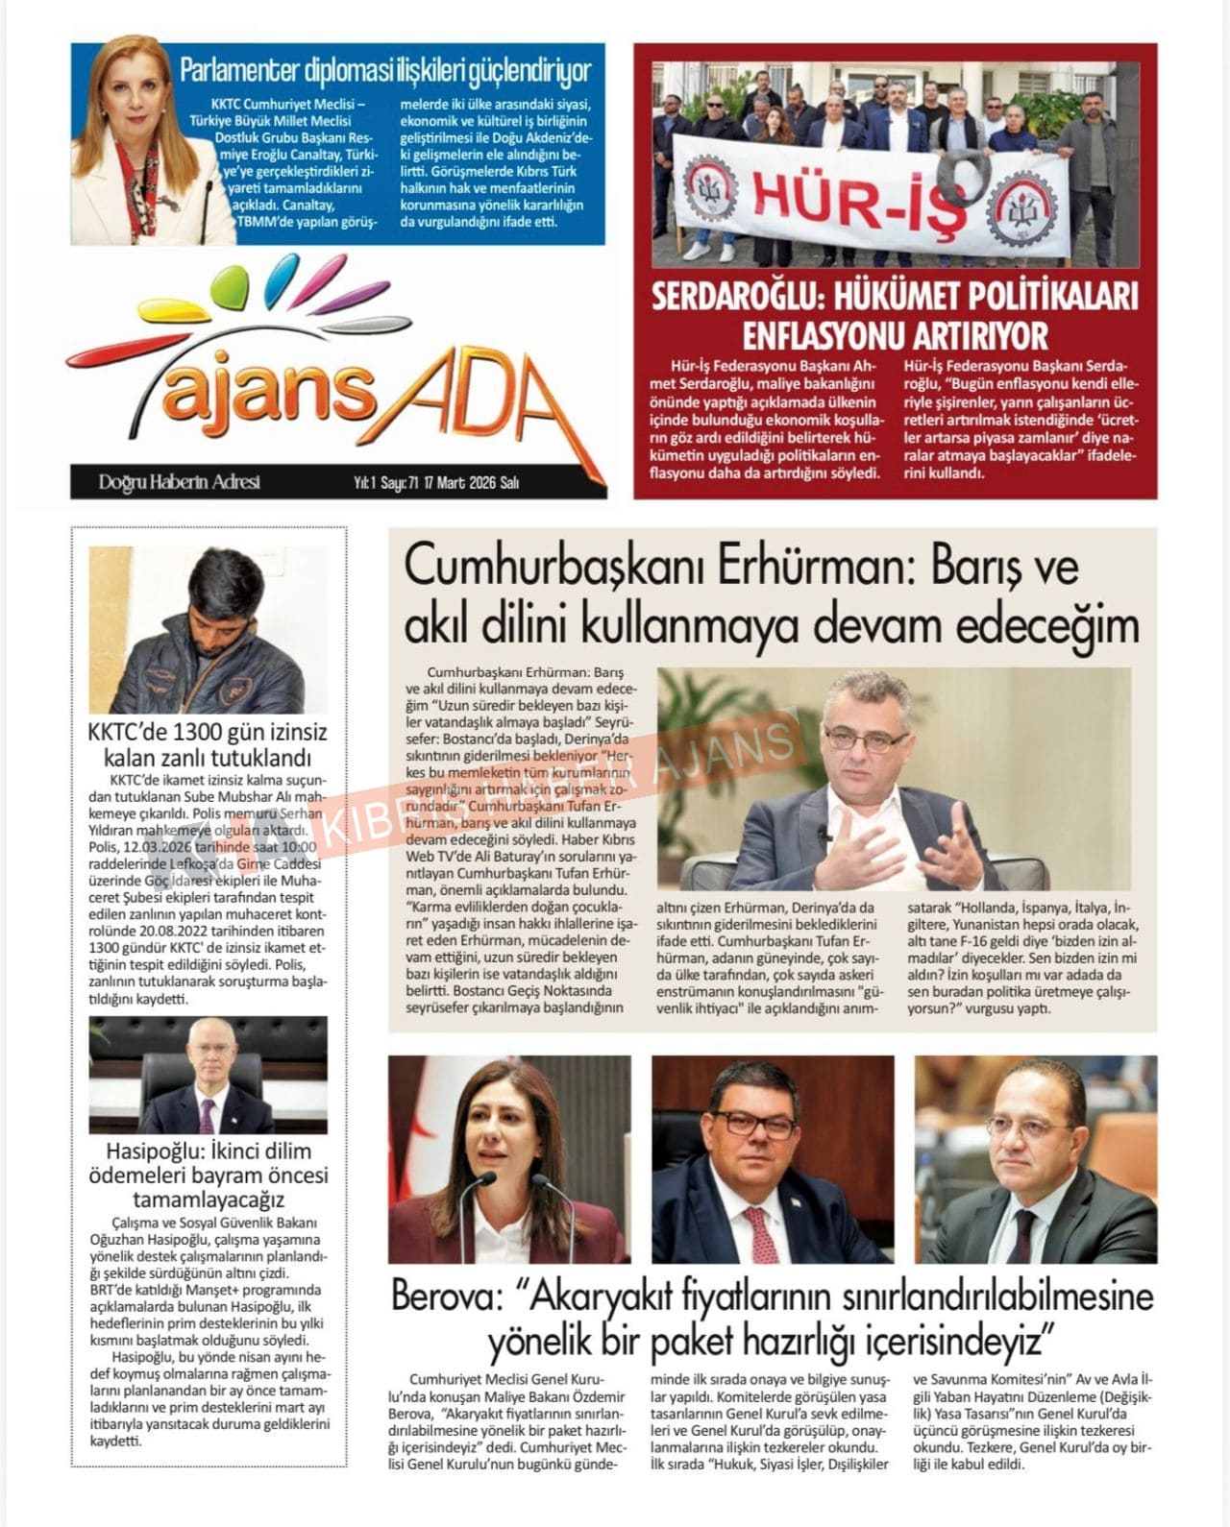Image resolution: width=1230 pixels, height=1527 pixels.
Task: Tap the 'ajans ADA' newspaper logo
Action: [317, 379]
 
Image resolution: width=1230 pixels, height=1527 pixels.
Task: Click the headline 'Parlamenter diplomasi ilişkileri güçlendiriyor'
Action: [385, 70]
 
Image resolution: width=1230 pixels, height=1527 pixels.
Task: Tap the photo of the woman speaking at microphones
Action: [510, 1159]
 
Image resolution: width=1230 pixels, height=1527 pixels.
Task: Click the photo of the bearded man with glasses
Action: [773, 1159]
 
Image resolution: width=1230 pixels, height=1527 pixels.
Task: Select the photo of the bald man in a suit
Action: [1035, 1159]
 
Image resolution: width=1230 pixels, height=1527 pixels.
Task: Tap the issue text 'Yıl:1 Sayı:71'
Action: [382, 483]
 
